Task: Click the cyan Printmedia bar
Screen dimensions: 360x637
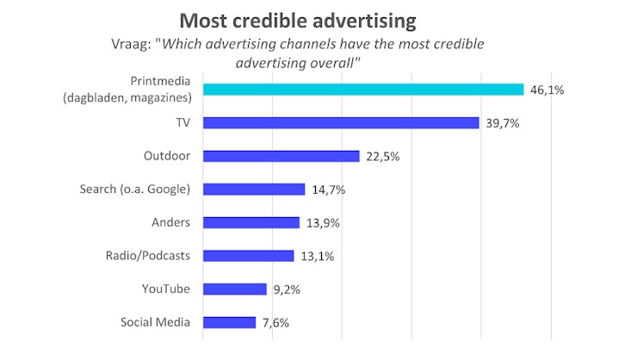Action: point(363,90)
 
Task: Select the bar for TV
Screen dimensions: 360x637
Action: point(341,122)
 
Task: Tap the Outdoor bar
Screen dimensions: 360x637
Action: point(281,156)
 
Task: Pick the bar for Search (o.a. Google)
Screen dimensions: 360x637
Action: point(254,189)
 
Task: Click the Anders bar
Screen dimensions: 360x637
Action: point(251,222)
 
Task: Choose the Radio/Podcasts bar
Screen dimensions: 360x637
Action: point(248,256)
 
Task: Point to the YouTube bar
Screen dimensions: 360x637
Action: point(234,289)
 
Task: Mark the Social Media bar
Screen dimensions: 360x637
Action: point(229,322)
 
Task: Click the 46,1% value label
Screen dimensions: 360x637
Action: point(547,90)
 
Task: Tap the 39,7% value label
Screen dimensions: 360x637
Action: point(503,122)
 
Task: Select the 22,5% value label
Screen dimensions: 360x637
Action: point(383,156)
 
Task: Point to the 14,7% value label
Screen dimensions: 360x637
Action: point(328,189)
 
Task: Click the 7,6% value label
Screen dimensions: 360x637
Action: point(275,322)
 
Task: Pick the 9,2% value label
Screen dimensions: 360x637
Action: point(288,289)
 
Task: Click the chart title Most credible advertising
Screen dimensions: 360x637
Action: point(297,20)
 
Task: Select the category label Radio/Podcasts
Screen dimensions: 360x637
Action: point(148,256)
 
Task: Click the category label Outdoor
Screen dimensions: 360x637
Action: point(167,156)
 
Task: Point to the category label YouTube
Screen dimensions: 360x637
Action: point(166,289)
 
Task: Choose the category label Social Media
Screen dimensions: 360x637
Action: point(156,322)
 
